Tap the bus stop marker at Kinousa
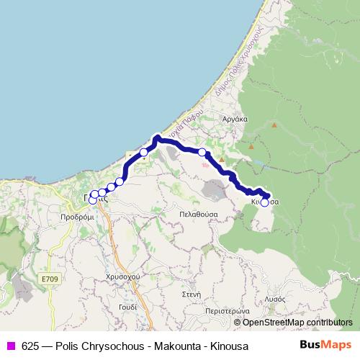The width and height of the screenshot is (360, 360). click(264, 203)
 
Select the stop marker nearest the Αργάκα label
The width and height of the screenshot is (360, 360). click(202, 152)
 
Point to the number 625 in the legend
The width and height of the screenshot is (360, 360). click(30, 346)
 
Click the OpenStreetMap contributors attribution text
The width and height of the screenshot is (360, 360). click(297, 323)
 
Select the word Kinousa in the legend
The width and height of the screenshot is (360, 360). click(229, 346)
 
